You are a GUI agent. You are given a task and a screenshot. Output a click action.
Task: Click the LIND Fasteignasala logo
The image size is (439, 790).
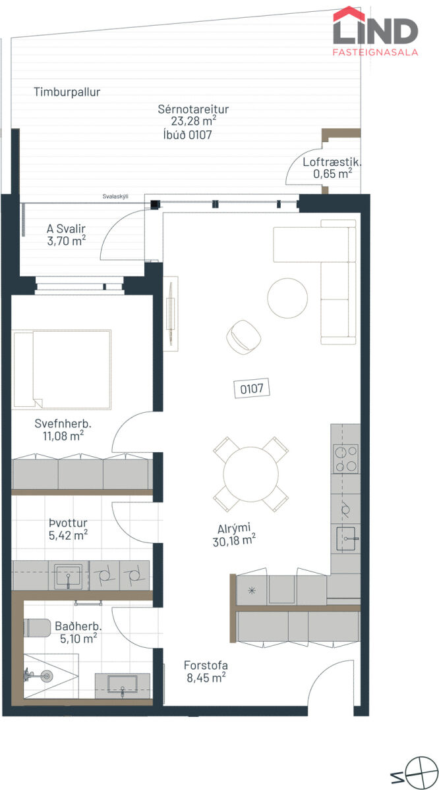[376, 31]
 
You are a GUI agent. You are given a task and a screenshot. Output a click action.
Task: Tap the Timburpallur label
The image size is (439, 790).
[67, 92]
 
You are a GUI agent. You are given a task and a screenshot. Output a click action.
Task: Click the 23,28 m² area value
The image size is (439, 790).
[194, 121]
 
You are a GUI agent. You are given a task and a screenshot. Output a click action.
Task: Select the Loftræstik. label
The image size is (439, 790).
[332, 162]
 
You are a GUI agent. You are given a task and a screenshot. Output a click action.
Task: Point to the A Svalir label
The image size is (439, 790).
[66, 228]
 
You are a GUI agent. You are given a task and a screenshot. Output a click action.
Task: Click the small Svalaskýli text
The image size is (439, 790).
[115, 196]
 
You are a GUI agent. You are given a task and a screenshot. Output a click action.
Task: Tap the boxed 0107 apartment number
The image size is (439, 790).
[252, 388]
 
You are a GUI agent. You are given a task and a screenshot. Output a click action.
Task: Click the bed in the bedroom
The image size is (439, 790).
[61, 369]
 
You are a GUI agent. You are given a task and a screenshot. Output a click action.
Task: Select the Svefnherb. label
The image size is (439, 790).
[63, 423]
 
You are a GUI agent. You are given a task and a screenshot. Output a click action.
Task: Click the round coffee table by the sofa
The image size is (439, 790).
[287, 298]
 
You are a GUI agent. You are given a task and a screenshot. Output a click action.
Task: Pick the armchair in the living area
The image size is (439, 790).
[244, 336]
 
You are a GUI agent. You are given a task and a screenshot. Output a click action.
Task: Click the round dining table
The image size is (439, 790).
[250, 475]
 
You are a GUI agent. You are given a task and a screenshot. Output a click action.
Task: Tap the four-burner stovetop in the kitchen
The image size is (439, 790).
[346, 458]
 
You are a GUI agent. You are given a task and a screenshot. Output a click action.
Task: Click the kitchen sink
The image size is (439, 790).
[347, 539]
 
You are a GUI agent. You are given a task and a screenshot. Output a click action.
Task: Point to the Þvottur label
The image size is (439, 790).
[68, 523]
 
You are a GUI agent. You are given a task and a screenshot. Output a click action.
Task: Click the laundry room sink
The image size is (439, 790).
[68, 576]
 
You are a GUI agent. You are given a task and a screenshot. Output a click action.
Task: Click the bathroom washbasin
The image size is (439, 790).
[122, 685]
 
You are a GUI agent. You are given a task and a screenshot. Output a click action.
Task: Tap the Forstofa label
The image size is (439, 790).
[206, 666]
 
